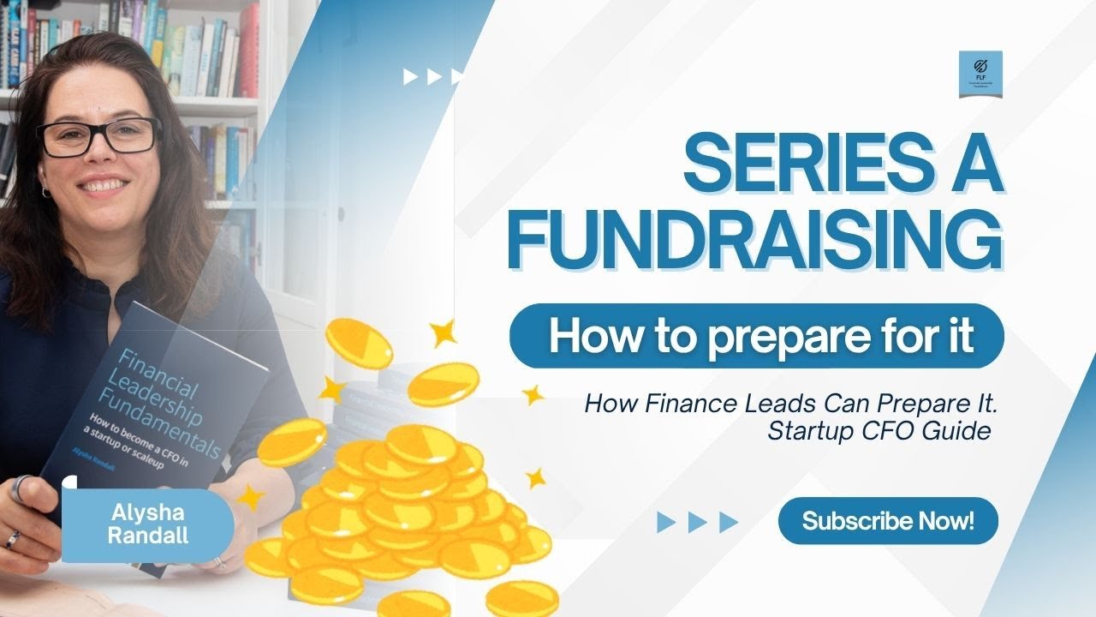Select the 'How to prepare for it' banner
click(x=757, y=335)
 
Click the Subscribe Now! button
click(x=888, y=520)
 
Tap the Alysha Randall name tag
click(x=147, y=524)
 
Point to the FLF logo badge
click(x=980, y=74)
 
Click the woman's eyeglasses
click(x=98, y=136)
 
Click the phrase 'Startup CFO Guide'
click(x=879, y=430)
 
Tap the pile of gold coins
click(x=402, y=506)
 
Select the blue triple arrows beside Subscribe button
click(x=697, y=521)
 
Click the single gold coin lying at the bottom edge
click(x=522, y=596)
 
